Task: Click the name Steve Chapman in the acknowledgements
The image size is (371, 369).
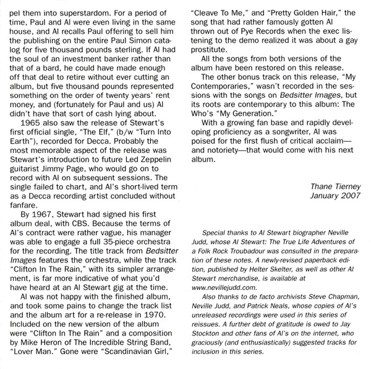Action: point(332,298)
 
